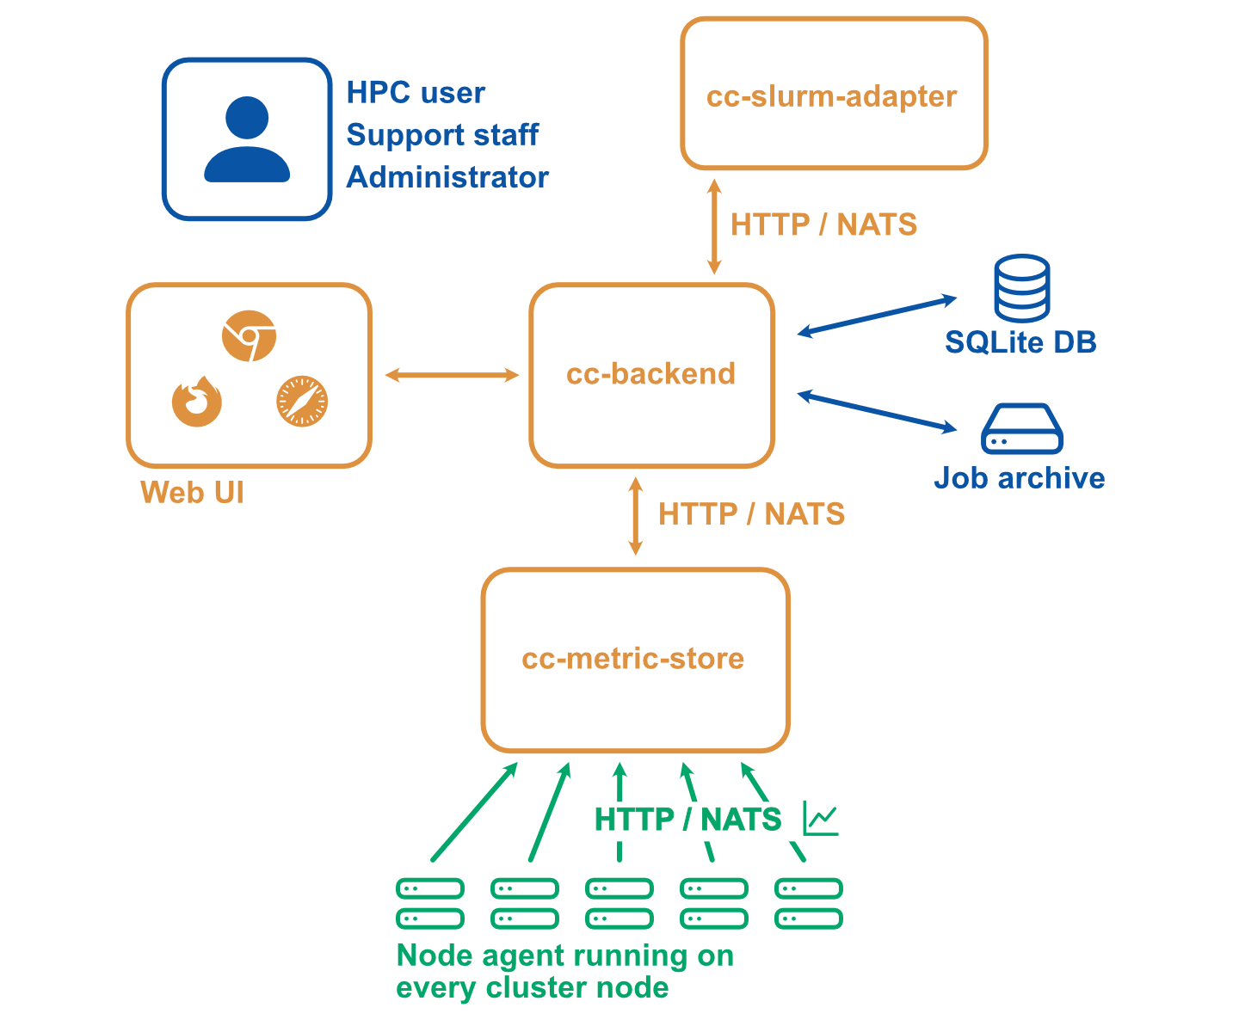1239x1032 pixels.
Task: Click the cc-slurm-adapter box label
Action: coord(831,96)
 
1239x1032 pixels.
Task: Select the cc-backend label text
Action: coord(650,374)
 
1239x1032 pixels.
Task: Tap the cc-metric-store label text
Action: coord(632,659)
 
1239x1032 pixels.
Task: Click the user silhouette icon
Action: coord(247,139)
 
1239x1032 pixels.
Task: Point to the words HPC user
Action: coord(416,93)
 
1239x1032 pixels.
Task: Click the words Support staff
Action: coord(442,135)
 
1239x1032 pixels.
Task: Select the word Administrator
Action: coord(447,177)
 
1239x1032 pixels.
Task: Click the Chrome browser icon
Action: coord(249,336)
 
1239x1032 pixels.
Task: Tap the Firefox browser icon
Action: coord(197,402)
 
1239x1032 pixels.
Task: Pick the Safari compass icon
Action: coord(302,402)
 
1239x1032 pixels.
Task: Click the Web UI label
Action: coord(192,493)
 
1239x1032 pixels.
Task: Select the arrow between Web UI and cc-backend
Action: coord(452,375)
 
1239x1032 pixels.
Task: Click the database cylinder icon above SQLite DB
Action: coord(1021,288)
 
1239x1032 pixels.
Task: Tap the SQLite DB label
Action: coord(1020,342)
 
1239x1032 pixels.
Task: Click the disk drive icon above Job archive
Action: coord(1021,429)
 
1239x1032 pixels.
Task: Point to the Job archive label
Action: coord(1020,478)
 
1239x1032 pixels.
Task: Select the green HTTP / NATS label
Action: coord(687,820)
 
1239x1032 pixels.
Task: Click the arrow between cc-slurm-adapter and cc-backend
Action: coord(713,226)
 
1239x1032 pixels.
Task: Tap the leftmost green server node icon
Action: coord(430,903)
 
